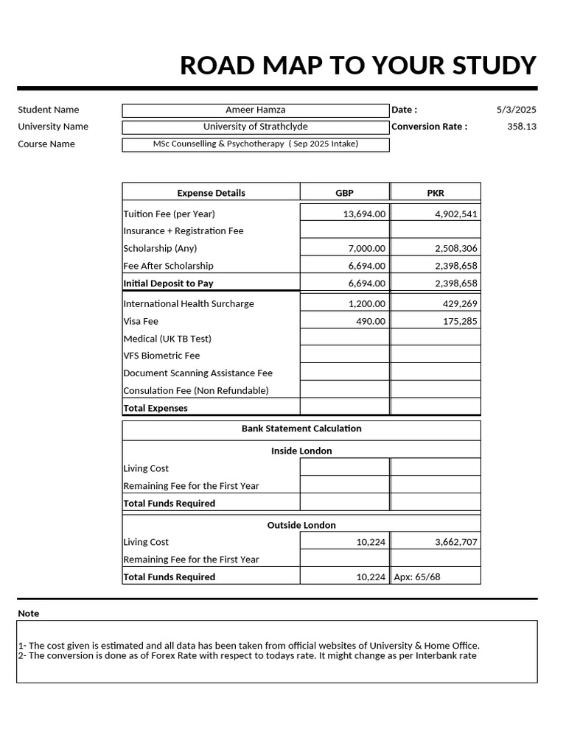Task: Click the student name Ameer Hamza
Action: point(255,110)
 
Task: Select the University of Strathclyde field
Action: point(255,127)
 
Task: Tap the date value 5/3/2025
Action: point(516,110)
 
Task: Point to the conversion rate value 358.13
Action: point(522,127)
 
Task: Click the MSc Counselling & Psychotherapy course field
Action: point(255,144)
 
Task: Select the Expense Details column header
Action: point(211,193)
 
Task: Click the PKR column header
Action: point(436,193)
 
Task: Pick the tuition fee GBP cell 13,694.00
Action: point(364,214)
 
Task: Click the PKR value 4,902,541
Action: point(455,214)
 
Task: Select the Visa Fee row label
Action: point(141,322)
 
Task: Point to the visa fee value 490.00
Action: point(370,322)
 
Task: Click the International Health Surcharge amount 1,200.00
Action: point(366,304)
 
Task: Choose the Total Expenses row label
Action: point(156,408)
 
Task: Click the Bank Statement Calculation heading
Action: point(301,429)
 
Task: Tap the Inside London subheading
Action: point(301,451)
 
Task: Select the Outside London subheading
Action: point(301,525)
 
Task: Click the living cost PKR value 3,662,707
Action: point(455,543)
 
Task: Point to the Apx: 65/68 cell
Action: point(417,577)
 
